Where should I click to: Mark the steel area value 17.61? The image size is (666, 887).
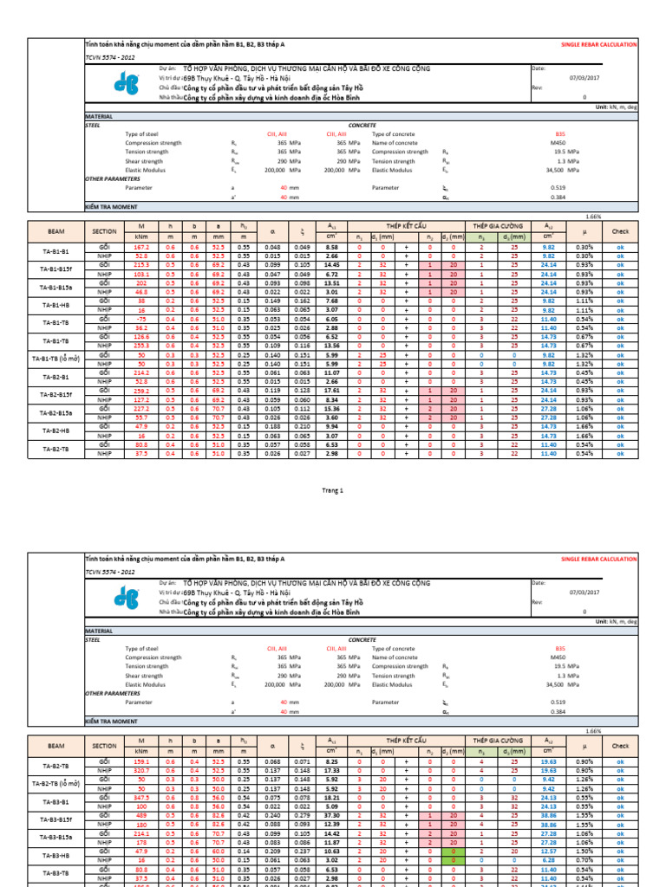pyautogui.click(x=331, y=391)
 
